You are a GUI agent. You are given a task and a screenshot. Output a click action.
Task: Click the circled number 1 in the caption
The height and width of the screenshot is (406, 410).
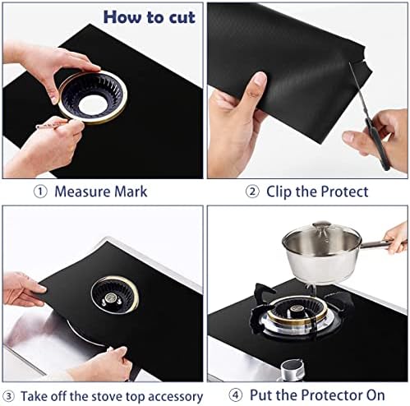coord(39,191)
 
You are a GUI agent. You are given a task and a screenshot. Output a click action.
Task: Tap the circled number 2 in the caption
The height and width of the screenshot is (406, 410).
coord(252,191)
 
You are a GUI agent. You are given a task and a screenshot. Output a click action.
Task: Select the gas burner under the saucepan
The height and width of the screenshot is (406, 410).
coord(303,316)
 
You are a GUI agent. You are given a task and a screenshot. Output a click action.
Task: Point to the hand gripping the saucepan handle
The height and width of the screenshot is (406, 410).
coord(396,238)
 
